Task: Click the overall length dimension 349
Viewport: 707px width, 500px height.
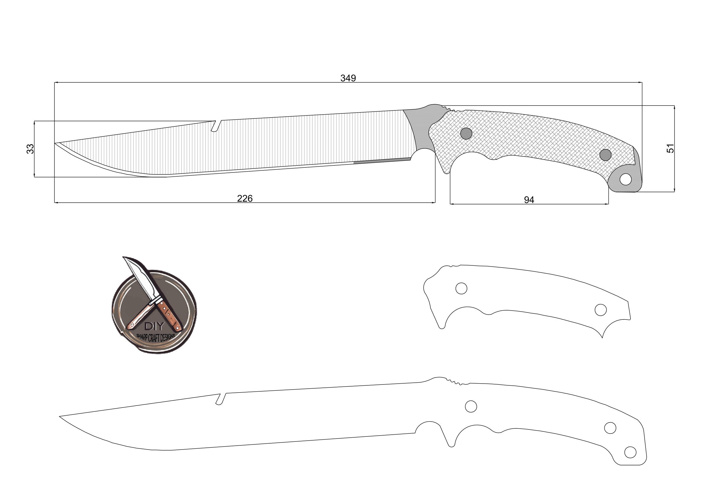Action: [x=348, y=78]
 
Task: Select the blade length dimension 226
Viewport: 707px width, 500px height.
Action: [x=245, y=198]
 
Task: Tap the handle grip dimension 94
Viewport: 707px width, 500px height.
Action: [x=529, y=200]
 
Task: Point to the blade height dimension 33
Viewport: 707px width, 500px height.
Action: [x=30, y=149]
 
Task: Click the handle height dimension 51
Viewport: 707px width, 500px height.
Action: [x=670, y=148]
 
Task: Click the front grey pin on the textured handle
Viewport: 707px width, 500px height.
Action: [x=466, y=133]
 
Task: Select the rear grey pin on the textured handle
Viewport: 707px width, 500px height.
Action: [x=605, y=155]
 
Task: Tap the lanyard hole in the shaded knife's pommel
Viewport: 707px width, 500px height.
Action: [x=625, y=179]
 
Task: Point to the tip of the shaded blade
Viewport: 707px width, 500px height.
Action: [x=56, y=143]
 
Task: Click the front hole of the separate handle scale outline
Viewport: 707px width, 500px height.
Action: [x=461, y=288]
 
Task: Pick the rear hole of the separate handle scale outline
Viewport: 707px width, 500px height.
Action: [x=600, y=310]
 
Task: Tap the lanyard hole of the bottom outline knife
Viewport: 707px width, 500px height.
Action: [x=630, y=452]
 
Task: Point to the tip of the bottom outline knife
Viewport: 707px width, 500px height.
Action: [x=60, y=417]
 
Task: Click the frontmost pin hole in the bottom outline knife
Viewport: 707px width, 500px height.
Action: [x=471, y=406]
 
